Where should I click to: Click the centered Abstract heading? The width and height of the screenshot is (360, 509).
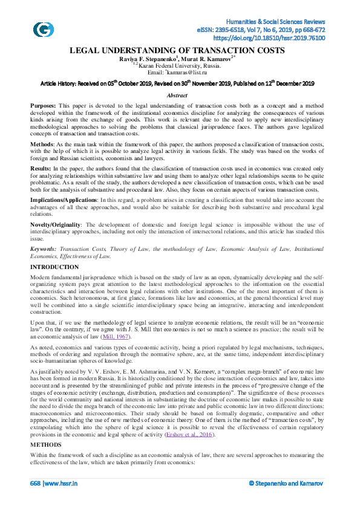pos(180,96)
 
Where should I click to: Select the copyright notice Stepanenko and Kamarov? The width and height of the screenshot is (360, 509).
pos(289,484)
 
